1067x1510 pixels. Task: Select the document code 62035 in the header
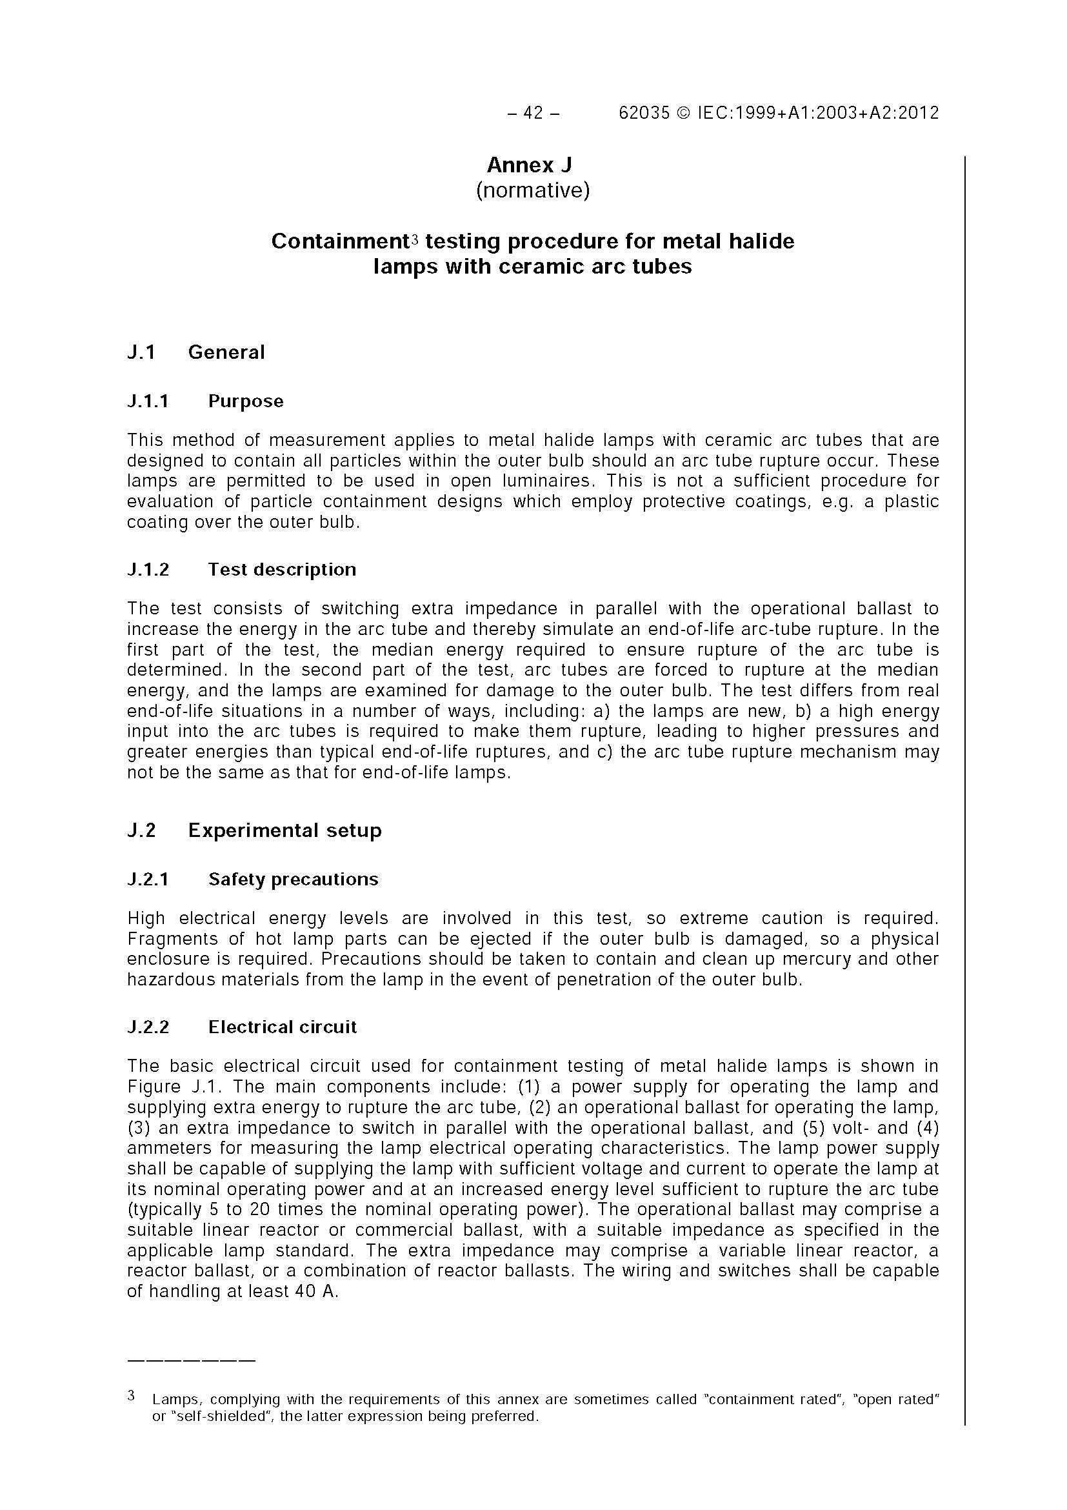tap(644, 113)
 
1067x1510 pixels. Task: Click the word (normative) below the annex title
tap(532, 191)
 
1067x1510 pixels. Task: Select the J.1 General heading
tap(196, 352)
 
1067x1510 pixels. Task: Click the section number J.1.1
tap(148, 401)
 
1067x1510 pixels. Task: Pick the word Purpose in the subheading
tap(245, 401)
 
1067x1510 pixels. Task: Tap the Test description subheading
tap(282, 570)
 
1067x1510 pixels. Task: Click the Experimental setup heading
tap(284, 830)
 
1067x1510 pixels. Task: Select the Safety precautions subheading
tap(294, 880)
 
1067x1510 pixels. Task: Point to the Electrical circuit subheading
tap(282, 1027)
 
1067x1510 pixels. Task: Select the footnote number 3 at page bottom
tap(132, 1395)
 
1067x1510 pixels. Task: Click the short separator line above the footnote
tap(191, 1360)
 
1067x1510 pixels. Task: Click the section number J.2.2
tap(148, 1027)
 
